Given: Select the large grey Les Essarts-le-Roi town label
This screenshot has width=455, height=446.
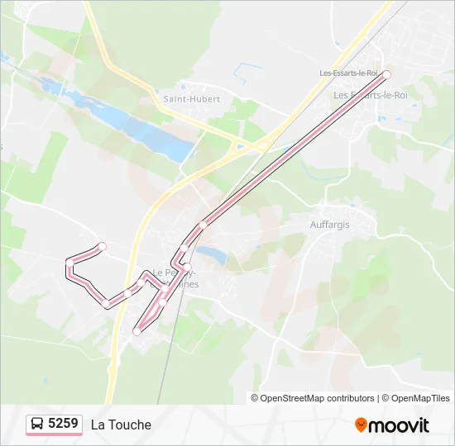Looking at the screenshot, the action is (x=371, y=96).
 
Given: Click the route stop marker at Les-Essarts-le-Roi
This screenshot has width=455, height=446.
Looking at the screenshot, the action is (x=386, y=74).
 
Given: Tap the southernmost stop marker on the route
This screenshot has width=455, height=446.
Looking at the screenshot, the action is (x=137, y=331).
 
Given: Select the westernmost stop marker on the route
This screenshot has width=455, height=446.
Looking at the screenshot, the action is (x=69, y=263).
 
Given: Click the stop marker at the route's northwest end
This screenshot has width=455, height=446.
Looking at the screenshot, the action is (x=103, y=245).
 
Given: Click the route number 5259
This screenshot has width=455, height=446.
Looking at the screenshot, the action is (x=63, y=424).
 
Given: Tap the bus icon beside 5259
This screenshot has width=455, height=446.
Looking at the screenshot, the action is (x=37, y=425).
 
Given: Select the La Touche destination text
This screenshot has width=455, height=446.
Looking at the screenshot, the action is (x=121, y=425).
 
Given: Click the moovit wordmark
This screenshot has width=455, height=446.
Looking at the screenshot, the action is (x=399, y=425).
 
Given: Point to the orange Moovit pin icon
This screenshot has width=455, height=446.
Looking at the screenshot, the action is (x=361, y=425).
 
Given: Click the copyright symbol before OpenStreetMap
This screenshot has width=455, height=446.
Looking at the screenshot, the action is (x=255, y=398).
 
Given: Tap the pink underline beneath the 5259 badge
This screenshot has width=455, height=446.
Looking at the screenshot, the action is (x=54, y=434).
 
